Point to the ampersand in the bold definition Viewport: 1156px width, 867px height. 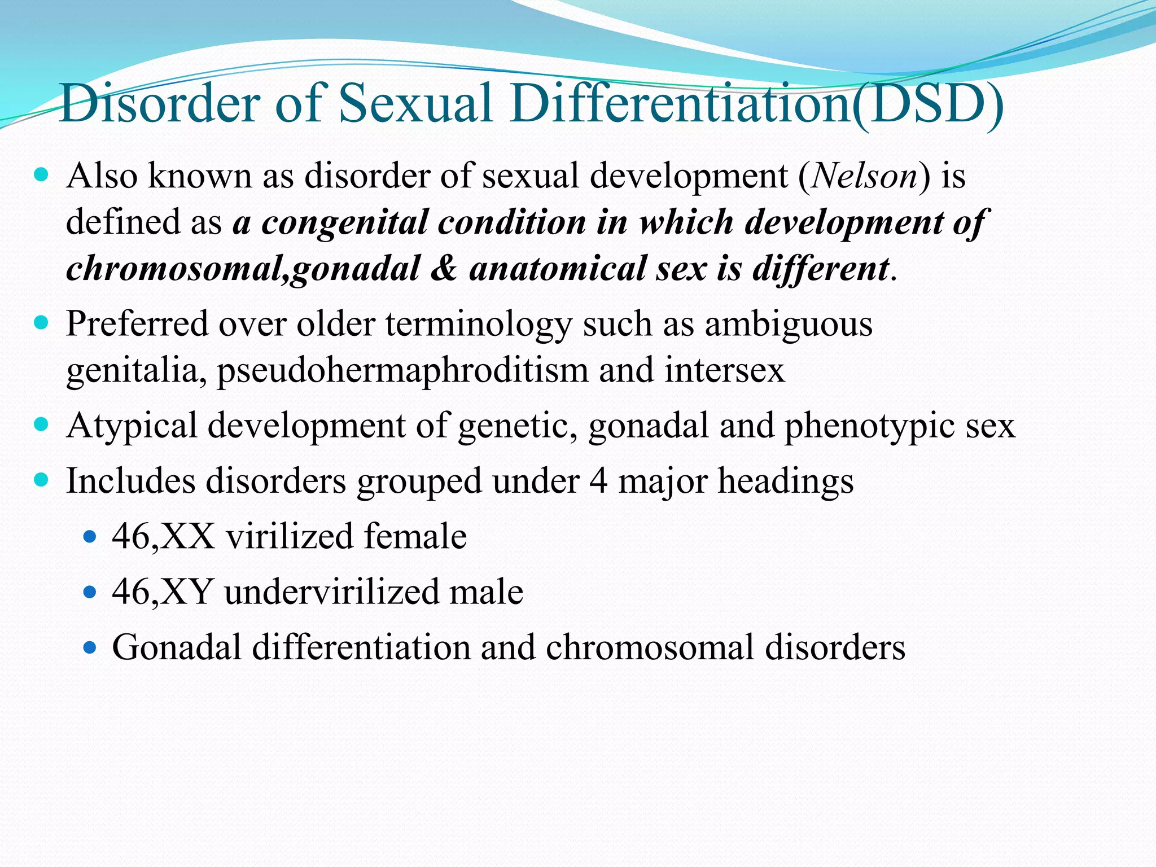(444, 268)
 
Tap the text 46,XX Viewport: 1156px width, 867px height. (163, 536)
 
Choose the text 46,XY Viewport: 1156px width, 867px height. (163, 592)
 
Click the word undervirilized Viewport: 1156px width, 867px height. (331, 592)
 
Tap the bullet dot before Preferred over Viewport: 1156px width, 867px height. (41, 323)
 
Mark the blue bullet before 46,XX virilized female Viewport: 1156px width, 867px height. (90, 536)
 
